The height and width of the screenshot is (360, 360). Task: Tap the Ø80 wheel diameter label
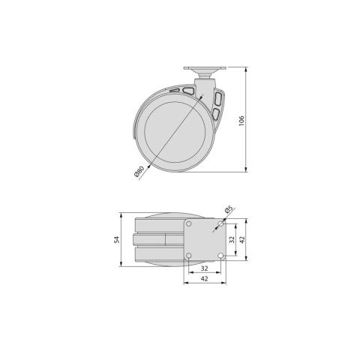pos(139,171)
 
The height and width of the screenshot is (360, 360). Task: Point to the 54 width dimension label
pos(118,239)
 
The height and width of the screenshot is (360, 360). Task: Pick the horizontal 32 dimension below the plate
pos(204,267)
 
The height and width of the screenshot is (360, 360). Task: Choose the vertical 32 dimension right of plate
pos(232,240)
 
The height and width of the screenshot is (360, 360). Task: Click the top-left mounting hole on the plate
pos(189,224)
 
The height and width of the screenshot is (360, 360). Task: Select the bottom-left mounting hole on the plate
pos(189,256)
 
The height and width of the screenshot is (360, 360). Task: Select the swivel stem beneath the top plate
pos(204,76)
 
